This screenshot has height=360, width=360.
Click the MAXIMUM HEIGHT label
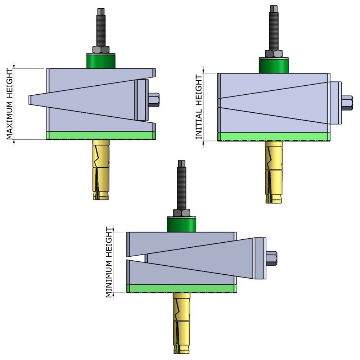10,104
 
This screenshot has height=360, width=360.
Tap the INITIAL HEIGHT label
198,107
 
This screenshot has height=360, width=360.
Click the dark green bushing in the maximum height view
101,61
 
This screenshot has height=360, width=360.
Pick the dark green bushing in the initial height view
274,65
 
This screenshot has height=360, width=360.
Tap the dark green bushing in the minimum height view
182,224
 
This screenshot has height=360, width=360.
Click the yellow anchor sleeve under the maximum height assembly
101,169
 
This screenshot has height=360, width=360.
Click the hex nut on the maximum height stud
101,50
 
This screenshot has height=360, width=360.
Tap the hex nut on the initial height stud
274,54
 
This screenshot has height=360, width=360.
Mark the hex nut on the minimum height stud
182,213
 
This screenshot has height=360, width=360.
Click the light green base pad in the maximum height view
101,135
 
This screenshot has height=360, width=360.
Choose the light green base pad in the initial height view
274,137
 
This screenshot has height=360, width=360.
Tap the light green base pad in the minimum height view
182,288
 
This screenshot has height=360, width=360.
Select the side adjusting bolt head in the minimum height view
271,258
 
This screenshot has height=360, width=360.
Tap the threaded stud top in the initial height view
274,9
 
